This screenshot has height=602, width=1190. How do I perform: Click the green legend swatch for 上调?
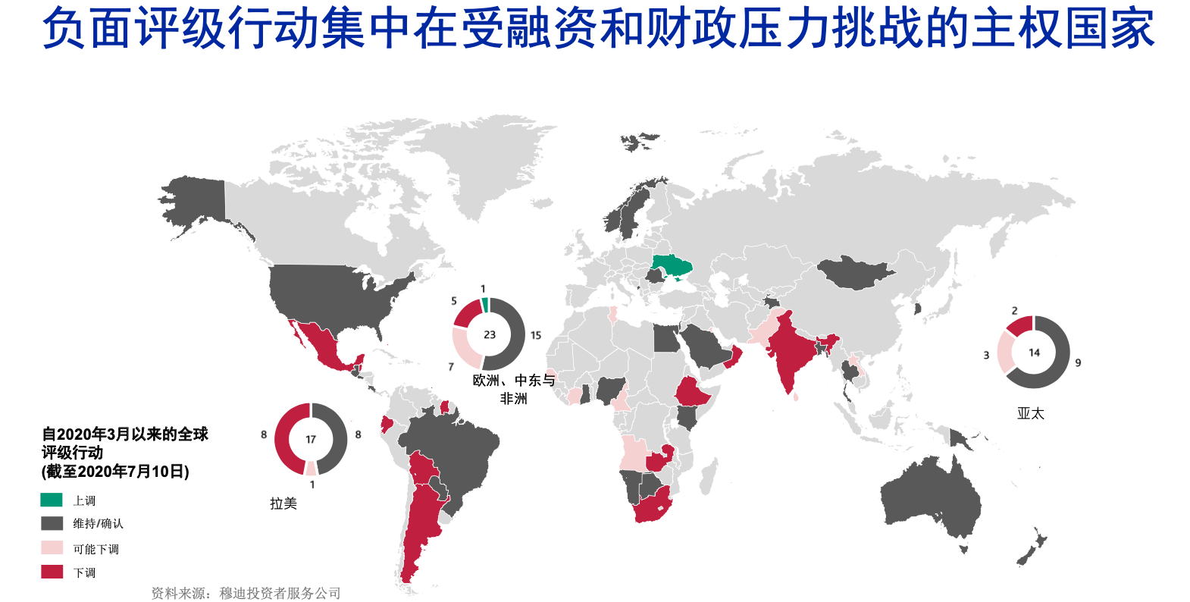52,500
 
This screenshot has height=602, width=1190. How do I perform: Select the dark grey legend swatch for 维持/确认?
52,523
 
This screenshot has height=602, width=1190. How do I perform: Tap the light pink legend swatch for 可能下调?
52,547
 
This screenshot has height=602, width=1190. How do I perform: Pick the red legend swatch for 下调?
52,572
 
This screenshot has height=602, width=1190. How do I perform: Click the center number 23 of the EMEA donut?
490,334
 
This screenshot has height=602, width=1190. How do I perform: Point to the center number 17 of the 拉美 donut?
311,440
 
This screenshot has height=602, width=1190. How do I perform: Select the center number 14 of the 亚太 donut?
1034,353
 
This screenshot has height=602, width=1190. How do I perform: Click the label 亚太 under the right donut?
1031,413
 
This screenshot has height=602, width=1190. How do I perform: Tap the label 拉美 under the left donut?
283,503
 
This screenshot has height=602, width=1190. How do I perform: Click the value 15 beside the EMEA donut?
536,335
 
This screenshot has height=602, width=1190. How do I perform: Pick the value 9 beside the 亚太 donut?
1078,363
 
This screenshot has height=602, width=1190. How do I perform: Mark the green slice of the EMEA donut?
484,305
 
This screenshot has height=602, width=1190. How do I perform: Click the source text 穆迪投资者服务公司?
280,593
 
